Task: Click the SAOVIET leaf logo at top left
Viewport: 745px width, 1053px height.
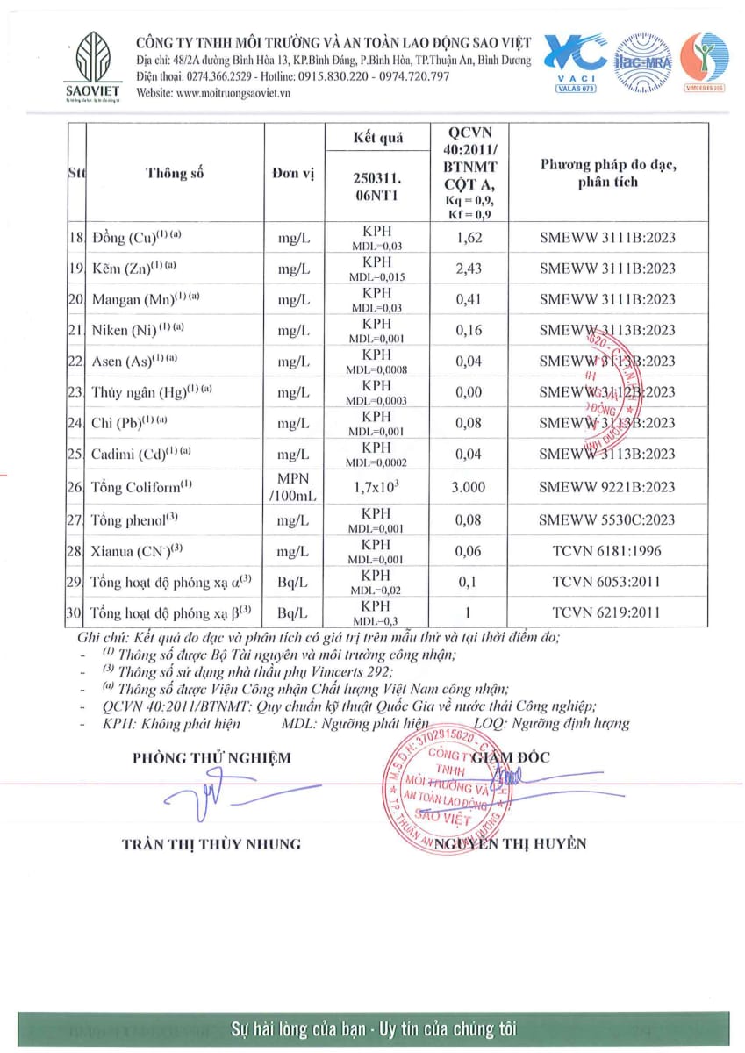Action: pos(93,61)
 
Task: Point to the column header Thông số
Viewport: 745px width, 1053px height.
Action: pos(175,173)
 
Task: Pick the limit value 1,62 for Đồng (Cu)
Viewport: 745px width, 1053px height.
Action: pos(469,237)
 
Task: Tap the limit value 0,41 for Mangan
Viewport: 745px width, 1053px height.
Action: pos(469,299)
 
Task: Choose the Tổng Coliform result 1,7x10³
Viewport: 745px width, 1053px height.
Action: pos(376,486)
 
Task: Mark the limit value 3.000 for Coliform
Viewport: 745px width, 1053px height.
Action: pos(469,486)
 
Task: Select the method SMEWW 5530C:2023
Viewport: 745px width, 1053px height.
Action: pos(607,519)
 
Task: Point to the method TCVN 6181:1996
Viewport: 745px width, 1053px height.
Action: pos(607,551)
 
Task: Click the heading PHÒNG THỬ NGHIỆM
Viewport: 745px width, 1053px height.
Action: pos(211,757)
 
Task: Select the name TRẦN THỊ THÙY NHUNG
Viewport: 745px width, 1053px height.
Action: pos(211,844)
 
